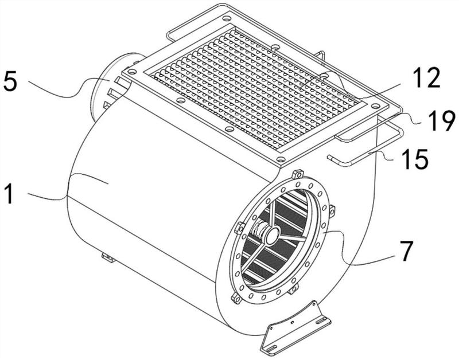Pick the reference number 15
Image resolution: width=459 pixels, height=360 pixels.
(x=415, y=159)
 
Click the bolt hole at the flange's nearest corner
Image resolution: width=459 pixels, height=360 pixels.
(x=281, y=159)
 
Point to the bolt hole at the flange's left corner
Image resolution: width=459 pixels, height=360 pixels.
(x=131, y=71)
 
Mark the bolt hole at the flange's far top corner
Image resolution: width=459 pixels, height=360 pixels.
(x=226, y=18)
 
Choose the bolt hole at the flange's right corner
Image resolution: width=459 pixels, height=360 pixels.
(x=375, y=106)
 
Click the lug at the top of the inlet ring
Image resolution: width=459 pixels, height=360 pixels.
(x=297, y=174)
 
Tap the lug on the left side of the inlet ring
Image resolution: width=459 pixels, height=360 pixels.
(x=239, y=228)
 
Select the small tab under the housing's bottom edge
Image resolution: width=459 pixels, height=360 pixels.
(x=107, y=257)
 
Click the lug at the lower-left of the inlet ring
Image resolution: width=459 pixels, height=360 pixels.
(x=236, y=299)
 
